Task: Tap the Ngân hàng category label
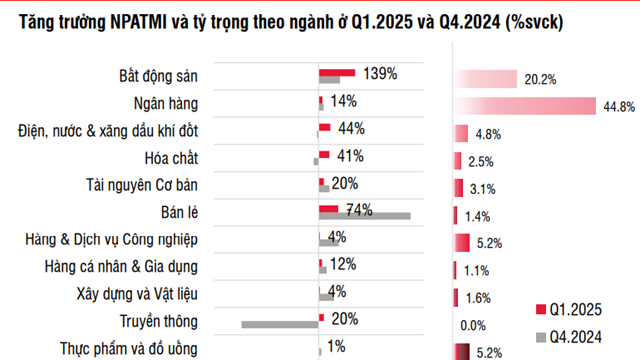click(x=166, y=103)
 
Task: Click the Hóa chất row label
click(x=172, y=158)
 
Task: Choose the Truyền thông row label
click(x=157, y=321)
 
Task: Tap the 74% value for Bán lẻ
click(x=358, y=209)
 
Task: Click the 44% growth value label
click(x=350, y=128)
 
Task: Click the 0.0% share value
click(x=472, y=324)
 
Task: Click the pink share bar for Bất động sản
click(x=486, y=79)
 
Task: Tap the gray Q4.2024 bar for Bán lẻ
click(x=365, y=216)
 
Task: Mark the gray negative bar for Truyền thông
click(x=280, y=323)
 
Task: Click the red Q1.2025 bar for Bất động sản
click(x=337, y=73)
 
